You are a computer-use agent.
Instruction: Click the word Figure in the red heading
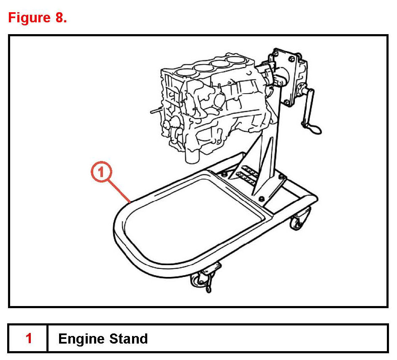coord(29,18)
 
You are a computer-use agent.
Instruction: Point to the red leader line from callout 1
coord(121,191)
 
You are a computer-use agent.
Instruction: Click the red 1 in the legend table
coord(29,339)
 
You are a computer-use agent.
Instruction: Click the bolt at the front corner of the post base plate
coord(262,198)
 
